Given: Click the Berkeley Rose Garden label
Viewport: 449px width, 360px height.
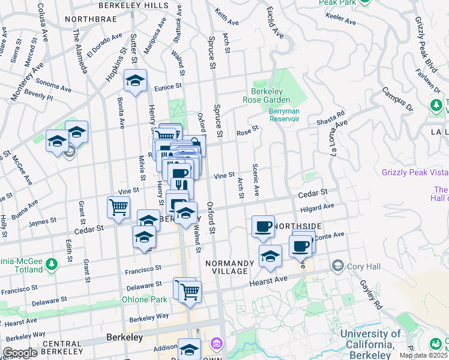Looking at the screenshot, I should pos(267,95).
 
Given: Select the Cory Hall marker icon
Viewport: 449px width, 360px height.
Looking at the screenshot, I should pos(337,265).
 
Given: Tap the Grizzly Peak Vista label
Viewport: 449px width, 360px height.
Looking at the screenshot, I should pos(415,172).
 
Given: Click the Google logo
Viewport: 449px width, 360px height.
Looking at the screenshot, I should pos(20,353).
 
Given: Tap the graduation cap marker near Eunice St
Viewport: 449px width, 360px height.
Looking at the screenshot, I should pos(136,80).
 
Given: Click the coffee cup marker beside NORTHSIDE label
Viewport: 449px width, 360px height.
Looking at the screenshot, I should pos(262,226).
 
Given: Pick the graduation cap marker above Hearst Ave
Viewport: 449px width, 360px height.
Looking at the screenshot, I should pos(270,256).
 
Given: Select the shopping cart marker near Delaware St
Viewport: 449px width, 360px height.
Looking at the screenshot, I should pos(190,292).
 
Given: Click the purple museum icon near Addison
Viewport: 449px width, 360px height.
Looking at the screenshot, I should pos(215,344).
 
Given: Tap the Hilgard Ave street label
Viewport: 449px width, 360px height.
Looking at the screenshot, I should pos(318,206).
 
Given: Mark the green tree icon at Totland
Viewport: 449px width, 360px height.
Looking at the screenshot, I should pos(52,264).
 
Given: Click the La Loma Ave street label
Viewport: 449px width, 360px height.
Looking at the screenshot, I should pos(335,137).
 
